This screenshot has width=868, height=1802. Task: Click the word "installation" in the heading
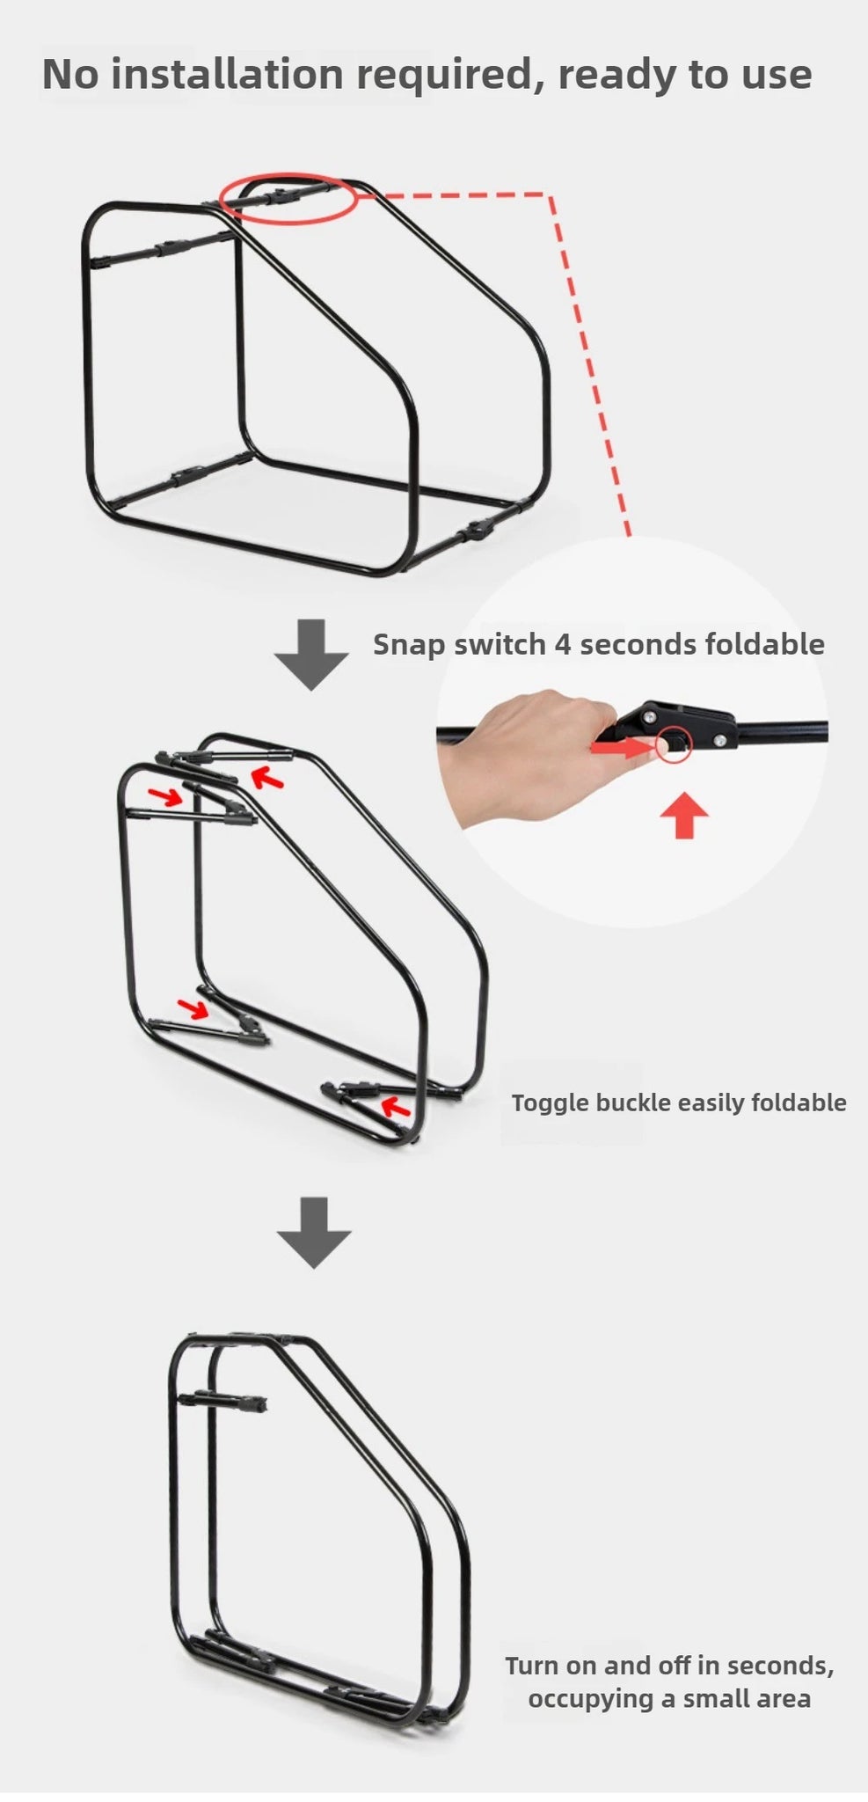click(229, 74)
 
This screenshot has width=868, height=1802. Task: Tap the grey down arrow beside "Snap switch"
click(311, 655)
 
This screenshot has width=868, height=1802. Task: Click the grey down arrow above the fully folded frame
click(314, 1232)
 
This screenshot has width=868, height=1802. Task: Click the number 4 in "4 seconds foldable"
click(562, 644)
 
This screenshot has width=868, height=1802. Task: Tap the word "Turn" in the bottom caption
click(531, 1666)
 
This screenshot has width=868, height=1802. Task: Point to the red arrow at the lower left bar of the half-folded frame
click(193, 1007)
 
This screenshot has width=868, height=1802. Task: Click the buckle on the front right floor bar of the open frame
click(476, 531)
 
